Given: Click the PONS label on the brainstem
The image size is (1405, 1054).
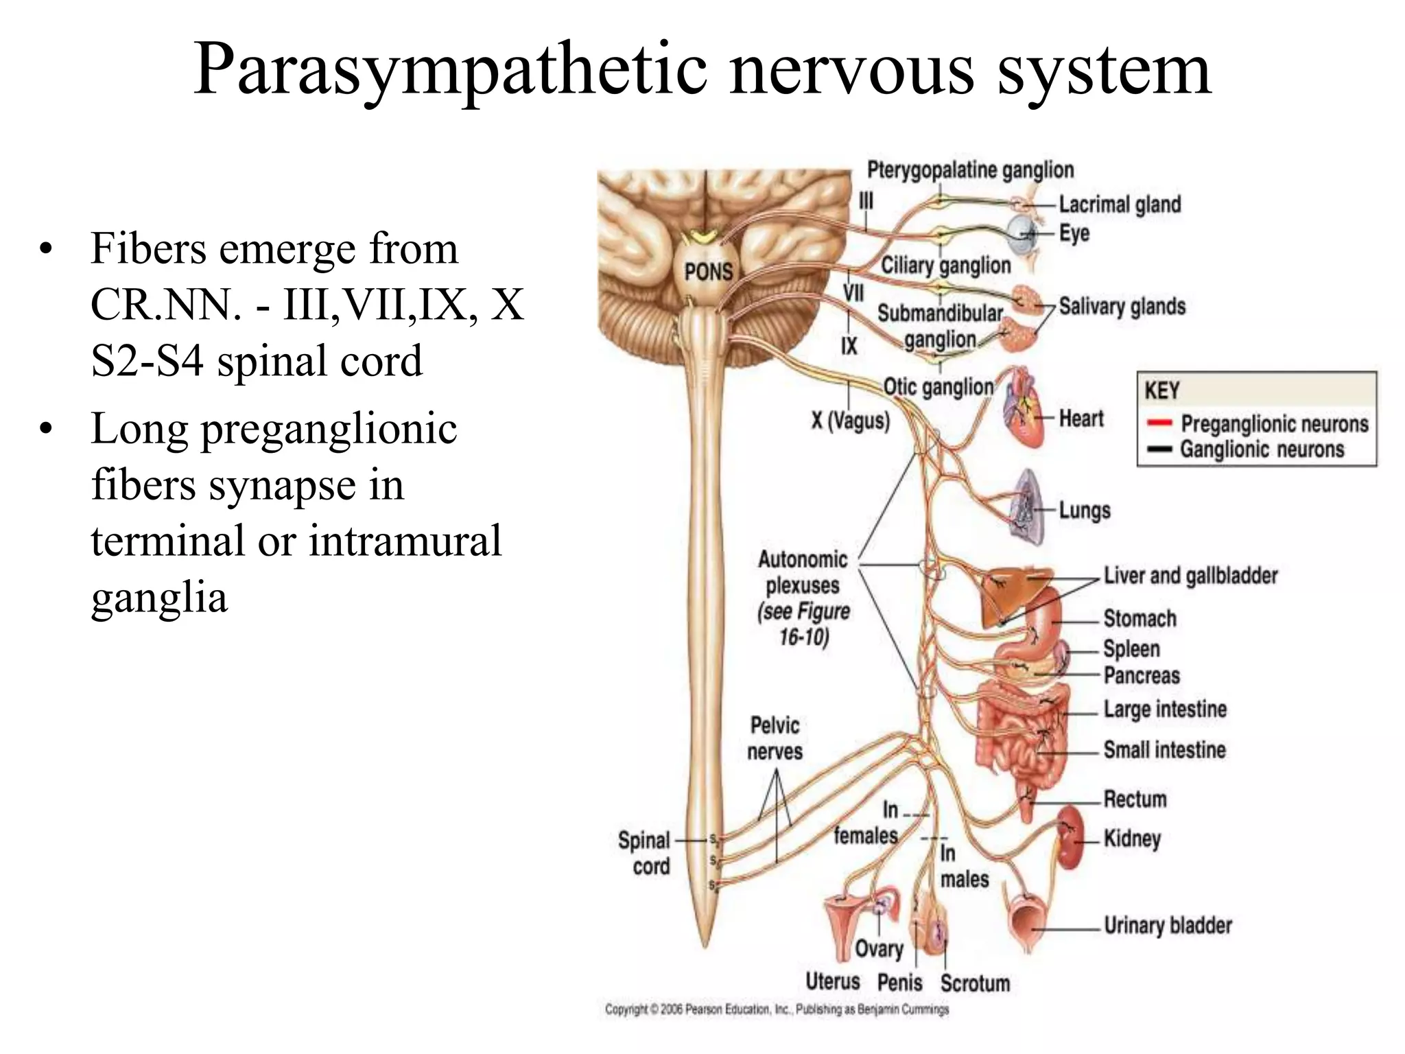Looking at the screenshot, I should [709, 272].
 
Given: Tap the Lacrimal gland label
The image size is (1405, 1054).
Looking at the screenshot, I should [1120, 204].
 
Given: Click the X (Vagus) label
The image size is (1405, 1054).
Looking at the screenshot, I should [850, 420].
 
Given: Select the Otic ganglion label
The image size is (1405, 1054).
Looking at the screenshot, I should [938, 388].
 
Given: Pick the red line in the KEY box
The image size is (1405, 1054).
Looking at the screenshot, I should [1158, 424].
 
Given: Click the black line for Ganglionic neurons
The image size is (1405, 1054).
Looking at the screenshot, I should [1158, 450].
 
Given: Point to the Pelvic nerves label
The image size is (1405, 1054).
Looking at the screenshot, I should [775, 738].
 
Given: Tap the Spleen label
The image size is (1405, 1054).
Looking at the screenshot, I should [1131, 648].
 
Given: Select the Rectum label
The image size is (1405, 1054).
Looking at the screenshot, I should [1135, 799].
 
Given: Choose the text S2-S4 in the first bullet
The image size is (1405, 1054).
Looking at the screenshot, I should [147, 361].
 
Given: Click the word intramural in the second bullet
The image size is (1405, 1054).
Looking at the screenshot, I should [405, 540].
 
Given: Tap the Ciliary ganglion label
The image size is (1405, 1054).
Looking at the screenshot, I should [945, 266].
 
